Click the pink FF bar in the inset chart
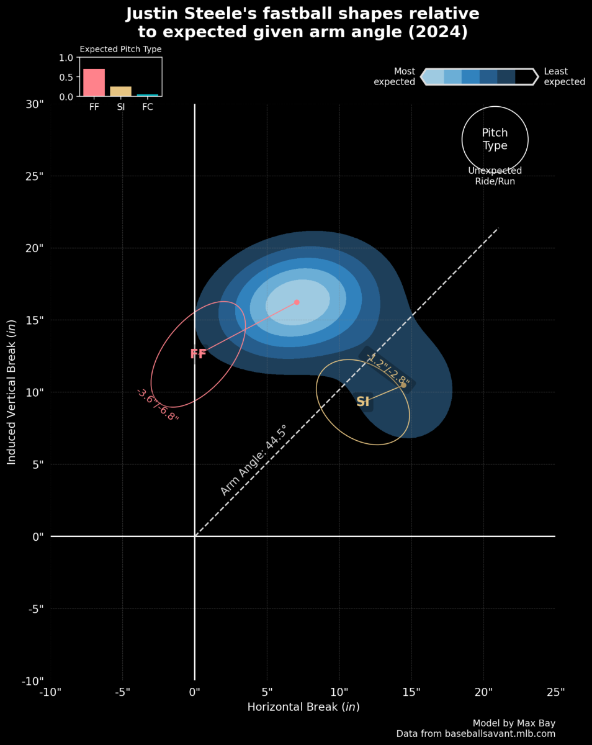tap(94, 83)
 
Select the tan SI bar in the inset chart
tap(120, 91)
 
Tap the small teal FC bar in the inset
tap(148, 95)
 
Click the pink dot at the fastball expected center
tap(297, 302)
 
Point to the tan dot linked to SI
tap(403, 385)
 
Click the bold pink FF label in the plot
tap(198, 354)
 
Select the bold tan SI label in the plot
tap(363, 402)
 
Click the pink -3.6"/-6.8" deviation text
tap(158, 405)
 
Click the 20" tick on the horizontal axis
tap(483, 692)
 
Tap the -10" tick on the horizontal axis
tap(50, 692)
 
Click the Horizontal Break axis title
tap(303, 707)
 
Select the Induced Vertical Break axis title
tap(11, 392)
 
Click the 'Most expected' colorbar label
tap(395, 76)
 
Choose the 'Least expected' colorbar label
tap(564, 76)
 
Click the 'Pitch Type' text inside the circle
tap(495, 139)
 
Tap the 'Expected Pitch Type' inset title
tap(120, 49)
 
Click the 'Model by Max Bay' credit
tap(514, 723)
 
